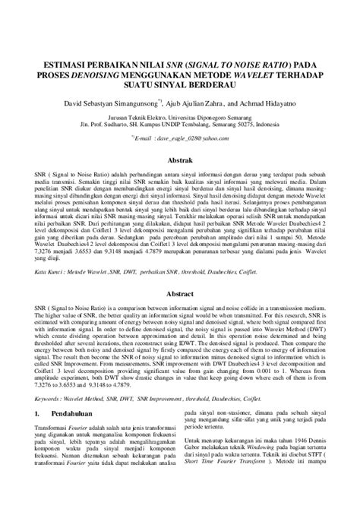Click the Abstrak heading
click(180, 162)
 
